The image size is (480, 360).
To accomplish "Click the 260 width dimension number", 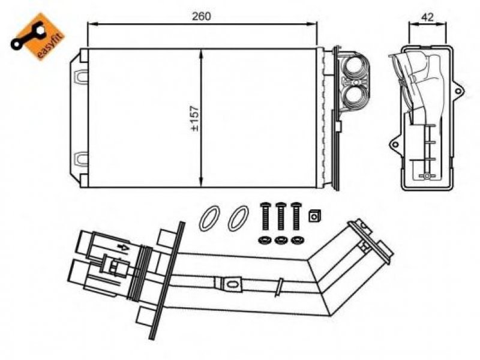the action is click(x=202, y=16).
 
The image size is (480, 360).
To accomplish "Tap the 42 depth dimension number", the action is click(x=427, y=17).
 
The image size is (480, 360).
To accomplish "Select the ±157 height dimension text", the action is click(x=194, y=118).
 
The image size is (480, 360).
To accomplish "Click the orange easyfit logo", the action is click(x=38, y=37).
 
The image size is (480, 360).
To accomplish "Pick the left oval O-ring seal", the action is click(x=209, y=218).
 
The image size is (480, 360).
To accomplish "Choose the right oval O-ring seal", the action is click(x=238, y=218).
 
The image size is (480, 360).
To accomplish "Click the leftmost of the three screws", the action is click(x=265, y=216).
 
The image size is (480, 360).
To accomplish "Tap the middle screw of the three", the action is click(x=280, y=216).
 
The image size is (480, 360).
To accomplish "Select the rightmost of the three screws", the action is click(x=296, y=216).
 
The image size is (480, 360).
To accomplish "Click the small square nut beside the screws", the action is click(x=314, y=216).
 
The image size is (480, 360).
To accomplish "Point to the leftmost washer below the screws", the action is click(x=265, y=241).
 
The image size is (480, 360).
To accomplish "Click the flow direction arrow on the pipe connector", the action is click(x=124, y=248).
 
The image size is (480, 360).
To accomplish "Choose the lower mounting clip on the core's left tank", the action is click(x=80, y=158).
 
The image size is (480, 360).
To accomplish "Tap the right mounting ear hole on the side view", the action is click(x=458, y=91).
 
